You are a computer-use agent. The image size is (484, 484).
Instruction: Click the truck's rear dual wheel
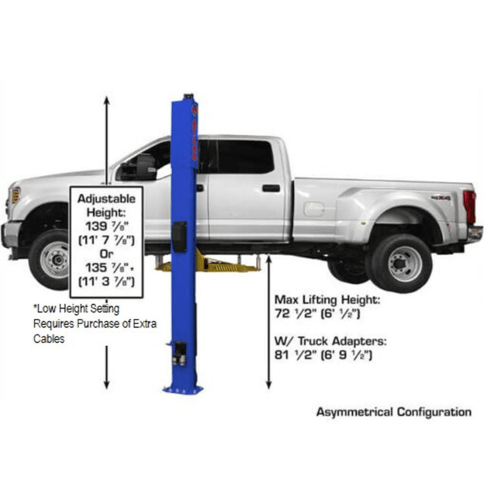pyautogui.click(x=400, y=263)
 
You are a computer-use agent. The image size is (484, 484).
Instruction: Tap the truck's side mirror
pyautogui.click(x=145, y=167)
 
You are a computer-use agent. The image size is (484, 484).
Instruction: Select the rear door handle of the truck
pyautogui.click(x=271, y=188)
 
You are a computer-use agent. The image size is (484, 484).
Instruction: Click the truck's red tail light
pyautogui.click(x=469, y=207)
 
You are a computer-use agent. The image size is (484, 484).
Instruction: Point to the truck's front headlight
pyautogui.click(x=15, y=196)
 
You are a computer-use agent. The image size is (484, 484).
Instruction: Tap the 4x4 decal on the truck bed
pyautogui.click(x=440, y=198)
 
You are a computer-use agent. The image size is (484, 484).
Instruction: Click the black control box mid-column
pyautogui.click(x=179, y=237)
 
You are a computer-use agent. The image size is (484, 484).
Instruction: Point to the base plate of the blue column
pyautogui.click(x=183, y=389)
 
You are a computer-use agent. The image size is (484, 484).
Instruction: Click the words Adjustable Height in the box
pyautogui.click(x=106, y=204)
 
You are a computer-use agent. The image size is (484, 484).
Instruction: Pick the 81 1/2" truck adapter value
pyautogui.click(x=324, y=355)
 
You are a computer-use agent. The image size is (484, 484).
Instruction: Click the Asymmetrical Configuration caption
pyautogui.click(x=393, y=412)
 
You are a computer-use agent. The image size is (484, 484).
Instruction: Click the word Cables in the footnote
pyautogui.click(x=49, y=339)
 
